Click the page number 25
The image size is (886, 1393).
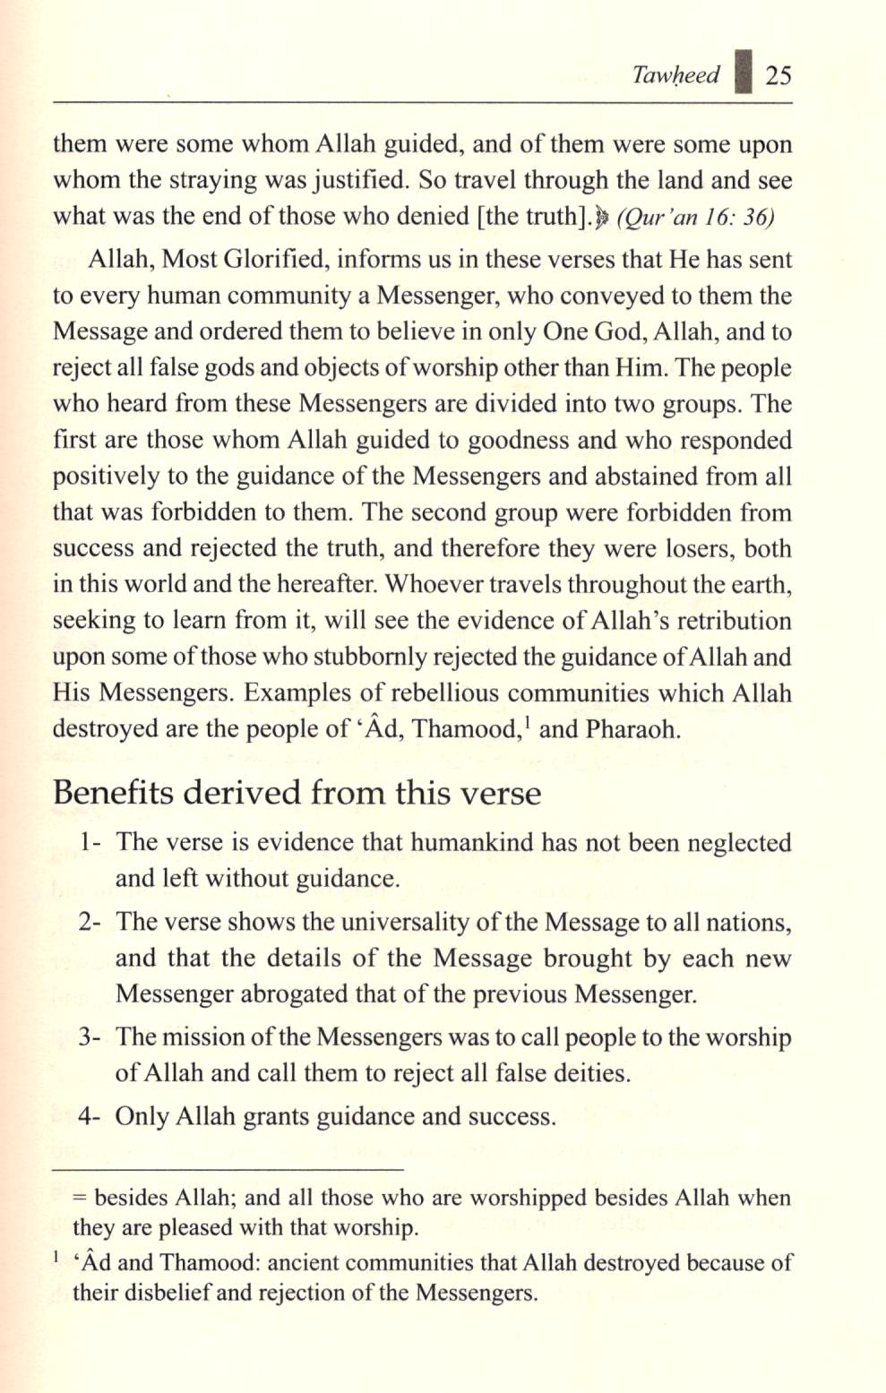(x=778, y=75)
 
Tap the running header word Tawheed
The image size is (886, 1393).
(x=675, y=75)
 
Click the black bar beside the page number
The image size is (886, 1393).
(x=742, y=72)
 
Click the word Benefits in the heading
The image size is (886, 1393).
(x=114, y=794)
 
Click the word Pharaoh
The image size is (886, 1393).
(x=632, y=730)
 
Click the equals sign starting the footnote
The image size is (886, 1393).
(x=80, y=1199)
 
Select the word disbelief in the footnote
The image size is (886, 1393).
(x=142, y=1294)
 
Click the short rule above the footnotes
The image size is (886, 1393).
(x=228, y=1169)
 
